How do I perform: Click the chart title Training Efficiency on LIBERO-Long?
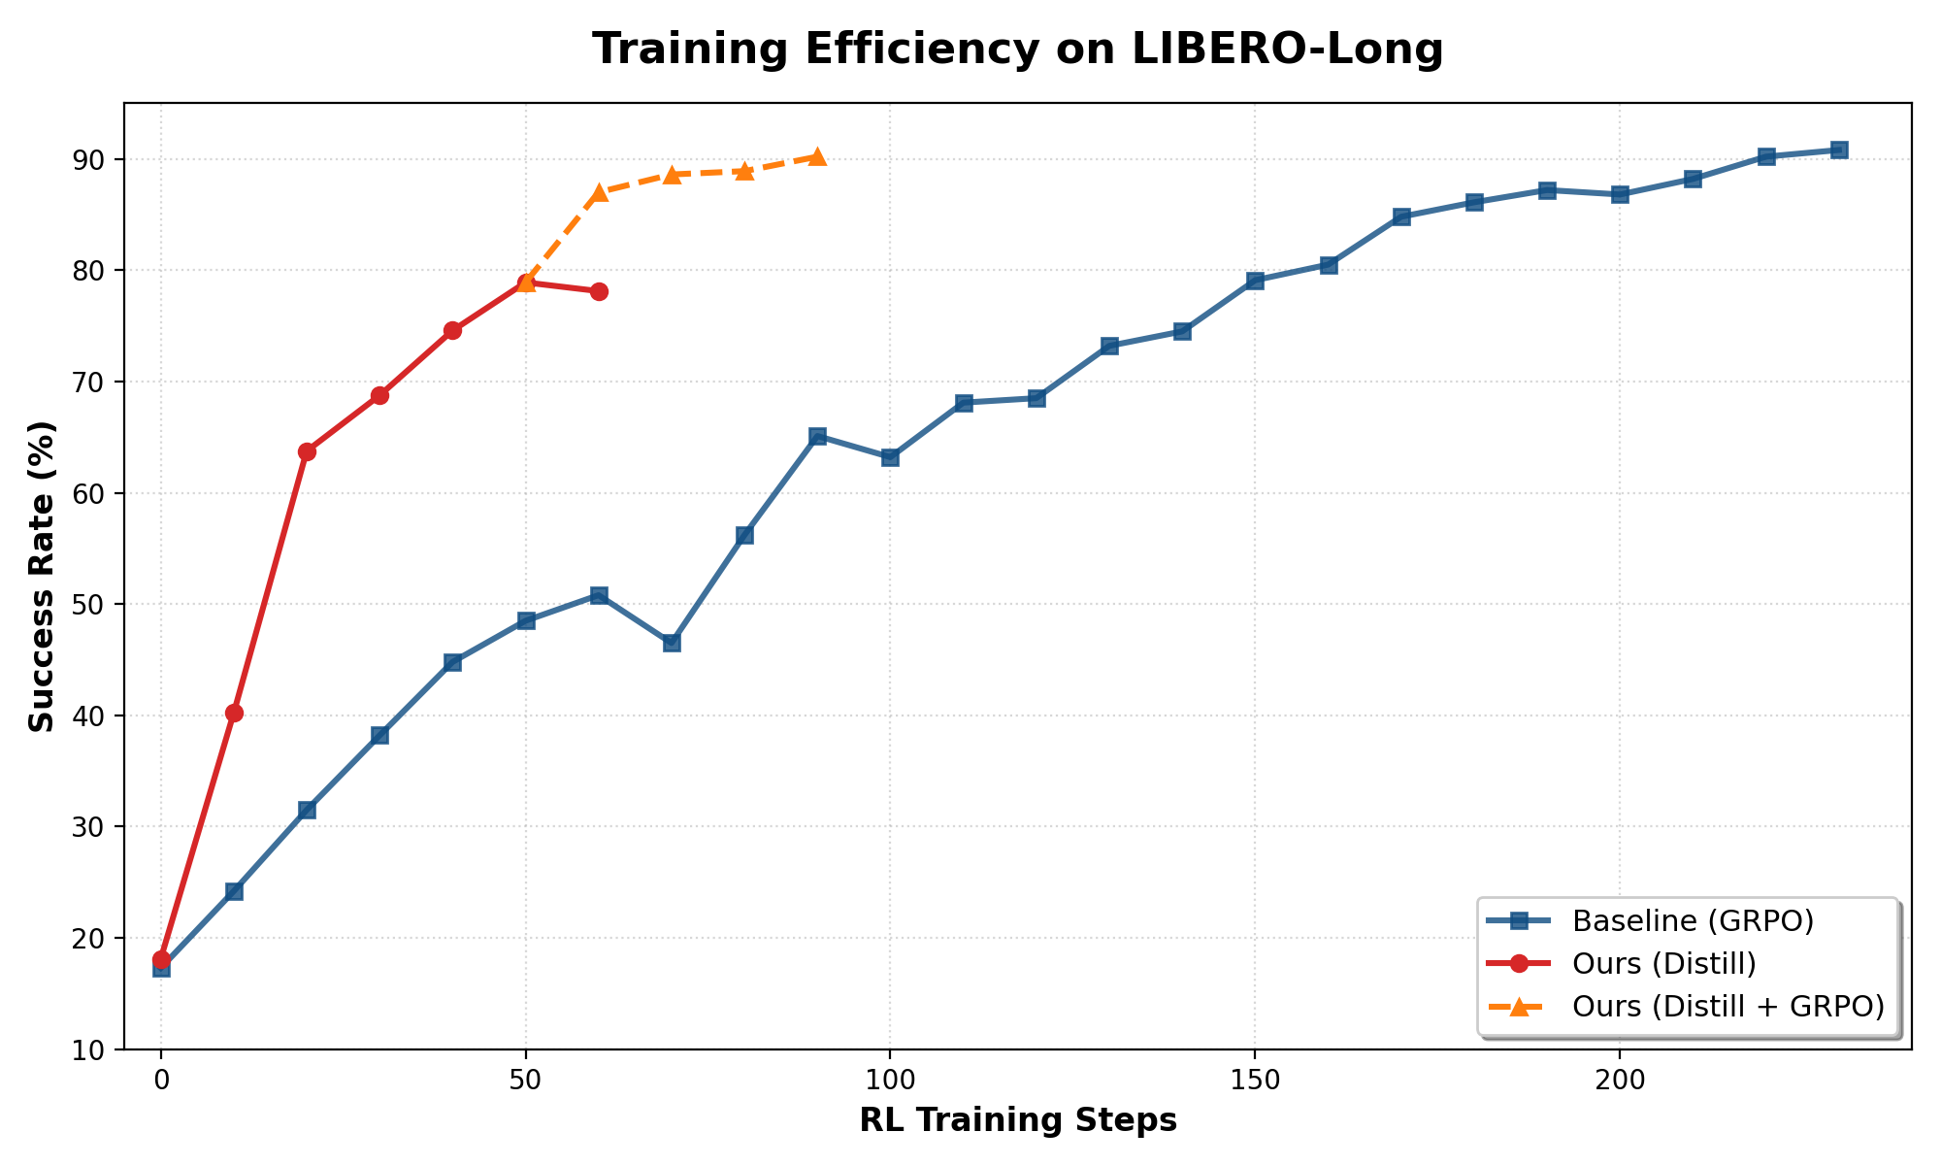[x=1017, y=50]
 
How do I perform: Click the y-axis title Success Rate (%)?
[x=42, y=576]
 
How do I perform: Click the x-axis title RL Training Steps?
[x=1017, y=1120]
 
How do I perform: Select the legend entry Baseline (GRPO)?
[x=1693, y=919]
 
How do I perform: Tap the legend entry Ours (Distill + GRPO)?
[x=1727, y=1006]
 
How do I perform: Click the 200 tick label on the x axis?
[x=1619, y=1079]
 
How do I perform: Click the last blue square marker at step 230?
[x=1838, y=150]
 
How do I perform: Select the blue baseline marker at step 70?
[x=672, y=643]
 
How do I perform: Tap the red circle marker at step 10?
[x=234, y=713]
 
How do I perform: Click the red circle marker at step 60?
[x=599, y=291]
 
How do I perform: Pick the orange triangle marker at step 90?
[x=817, y=156]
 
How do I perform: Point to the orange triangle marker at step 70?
[x=672, y=174]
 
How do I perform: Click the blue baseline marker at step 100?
[x=890, y=457]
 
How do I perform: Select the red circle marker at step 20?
[x=307, y=451]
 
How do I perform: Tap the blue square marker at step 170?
[x=1400, y=216]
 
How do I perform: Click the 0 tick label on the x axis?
[x=161, y=1079]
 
